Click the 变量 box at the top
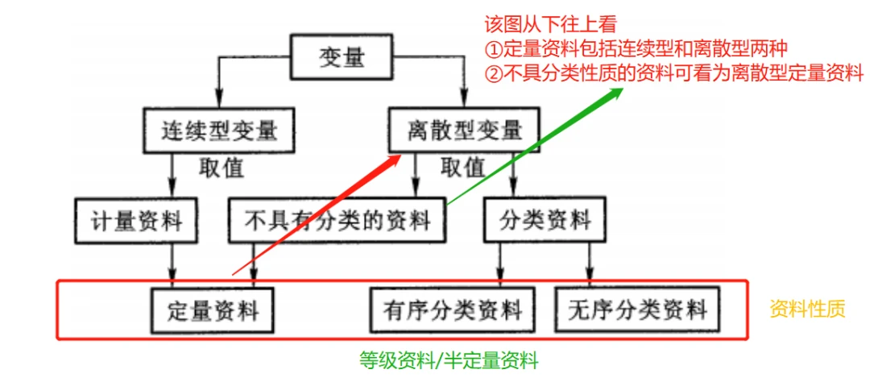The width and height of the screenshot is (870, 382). (342, 60)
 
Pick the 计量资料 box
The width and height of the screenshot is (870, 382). (136, 220)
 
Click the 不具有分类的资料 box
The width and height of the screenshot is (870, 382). (337, 220)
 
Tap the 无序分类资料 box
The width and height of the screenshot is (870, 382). (636, 309)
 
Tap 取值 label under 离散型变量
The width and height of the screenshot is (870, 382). (463, 168)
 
